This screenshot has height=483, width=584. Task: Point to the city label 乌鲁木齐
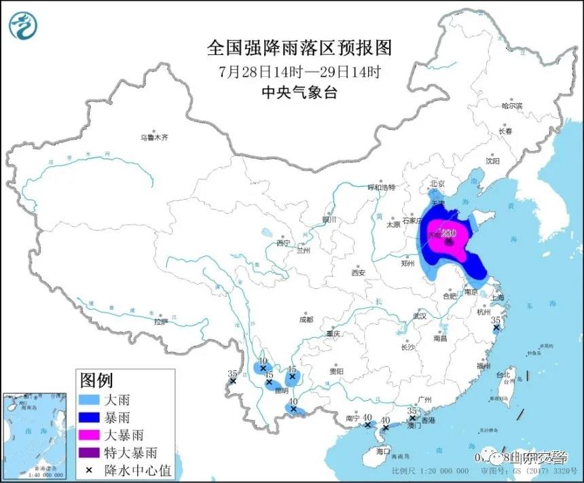pyautogui.click(x=153, y=137)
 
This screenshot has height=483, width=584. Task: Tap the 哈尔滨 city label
pyautogui.click(x=511, y=106)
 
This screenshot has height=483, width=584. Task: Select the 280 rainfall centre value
pyautogui.click(x=448, y=233)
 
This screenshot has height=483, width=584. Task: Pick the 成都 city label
pyautogui.click(x=306, y=319)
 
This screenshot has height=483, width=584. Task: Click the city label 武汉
pyautogui.click(x=418, y=316)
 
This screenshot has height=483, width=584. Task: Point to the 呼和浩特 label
pyautogui.click(x=381, y=187)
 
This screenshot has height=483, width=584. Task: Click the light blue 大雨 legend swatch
pyautogui.click(x=89, y=399)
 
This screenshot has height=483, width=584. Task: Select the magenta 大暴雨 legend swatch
pyautogui.click(x=89, y=433)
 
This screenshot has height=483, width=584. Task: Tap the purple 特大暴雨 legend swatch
pyautogui.click(x=89, y=450)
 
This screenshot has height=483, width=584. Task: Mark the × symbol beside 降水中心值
pyautogui.click(x=89, y=467)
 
